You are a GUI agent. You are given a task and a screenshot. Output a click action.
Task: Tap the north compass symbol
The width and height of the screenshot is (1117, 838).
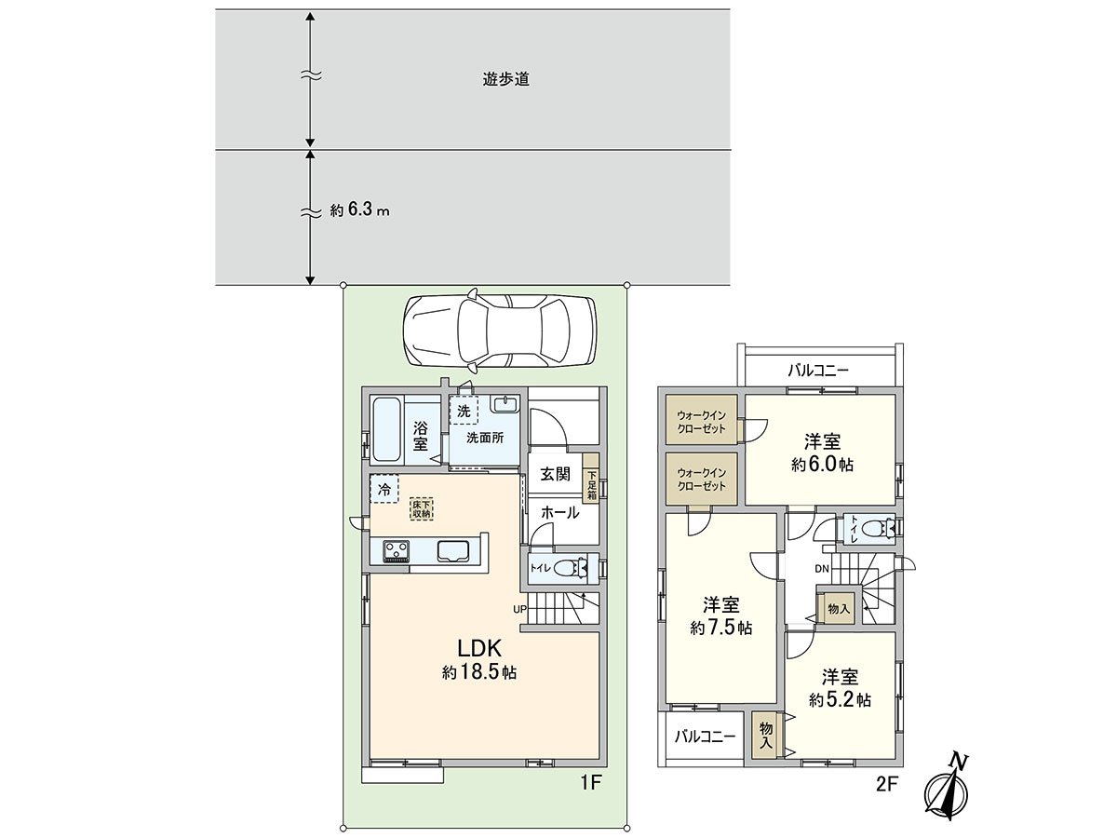click(x=949, y=790)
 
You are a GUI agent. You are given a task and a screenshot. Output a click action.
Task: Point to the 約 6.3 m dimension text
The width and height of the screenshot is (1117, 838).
click(x=359, y=210)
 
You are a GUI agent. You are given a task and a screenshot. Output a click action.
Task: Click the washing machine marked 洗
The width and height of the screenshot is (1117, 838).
click(x=464, y=409)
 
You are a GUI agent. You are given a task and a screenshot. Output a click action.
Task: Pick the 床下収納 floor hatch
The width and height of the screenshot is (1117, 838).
click(x=422, y=507)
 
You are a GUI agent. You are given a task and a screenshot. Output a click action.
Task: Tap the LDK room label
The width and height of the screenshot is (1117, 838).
click(x=479, y=648)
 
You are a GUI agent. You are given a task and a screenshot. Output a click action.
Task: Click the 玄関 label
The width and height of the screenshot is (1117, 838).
click(x=555, y=474)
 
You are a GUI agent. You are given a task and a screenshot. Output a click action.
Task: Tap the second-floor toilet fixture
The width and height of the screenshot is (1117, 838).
click(x=874, y=529)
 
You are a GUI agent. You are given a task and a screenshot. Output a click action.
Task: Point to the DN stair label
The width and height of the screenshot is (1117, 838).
click(x=823, y=568)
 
